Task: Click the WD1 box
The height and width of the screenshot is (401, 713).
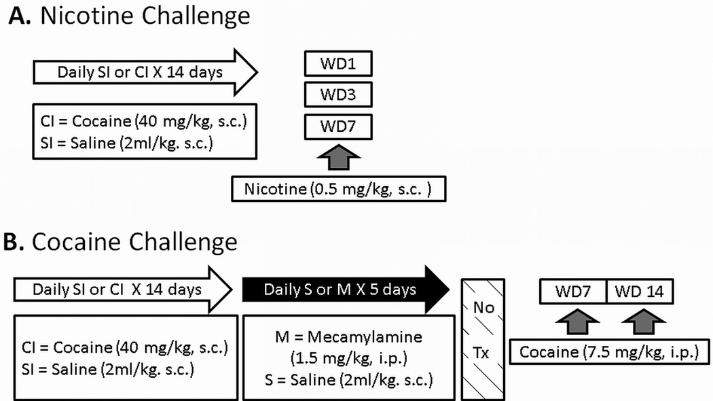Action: point(338,66)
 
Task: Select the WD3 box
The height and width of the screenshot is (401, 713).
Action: point(338,95)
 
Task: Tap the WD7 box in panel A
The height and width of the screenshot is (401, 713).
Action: point(338,126)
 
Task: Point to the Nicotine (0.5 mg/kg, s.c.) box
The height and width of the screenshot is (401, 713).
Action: point(339,188)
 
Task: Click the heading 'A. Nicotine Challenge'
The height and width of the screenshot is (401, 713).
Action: point(129,16)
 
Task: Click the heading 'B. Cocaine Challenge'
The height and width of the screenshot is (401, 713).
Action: point(123,242)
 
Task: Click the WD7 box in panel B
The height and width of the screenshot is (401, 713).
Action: point(572,292)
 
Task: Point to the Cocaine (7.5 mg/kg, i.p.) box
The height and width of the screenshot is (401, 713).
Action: point(609,353)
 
